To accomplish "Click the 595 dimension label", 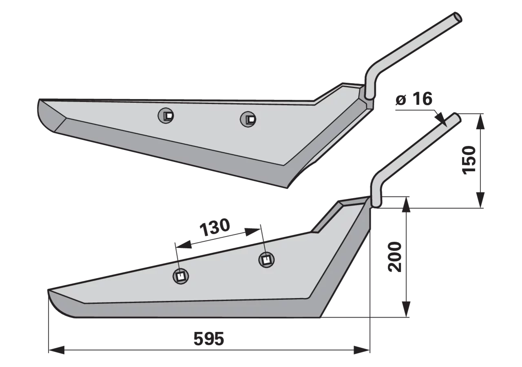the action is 208,338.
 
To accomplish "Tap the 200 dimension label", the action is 395,257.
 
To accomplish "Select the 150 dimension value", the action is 469,160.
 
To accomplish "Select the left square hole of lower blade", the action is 181,276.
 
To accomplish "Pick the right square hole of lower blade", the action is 266,260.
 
